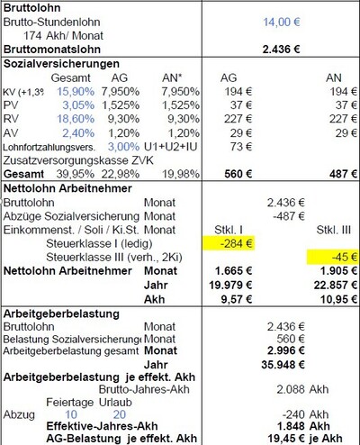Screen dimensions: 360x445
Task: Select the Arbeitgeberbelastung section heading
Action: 56,311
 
